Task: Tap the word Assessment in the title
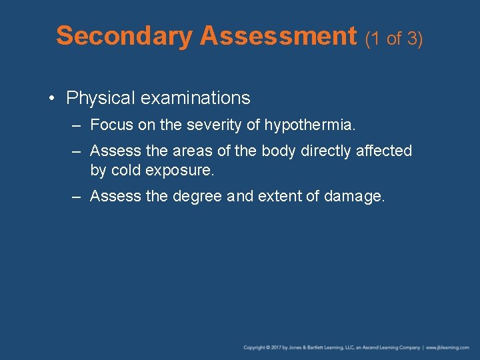click(278, 36)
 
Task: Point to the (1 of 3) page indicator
click(394, 39)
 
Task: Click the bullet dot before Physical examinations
click(52, 99)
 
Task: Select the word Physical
click(100, 99)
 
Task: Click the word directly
click(326, 151)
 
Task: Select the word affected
click(383, 151)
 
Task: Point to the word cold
click(126, 170)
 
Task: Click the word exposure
click(179, 171)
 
